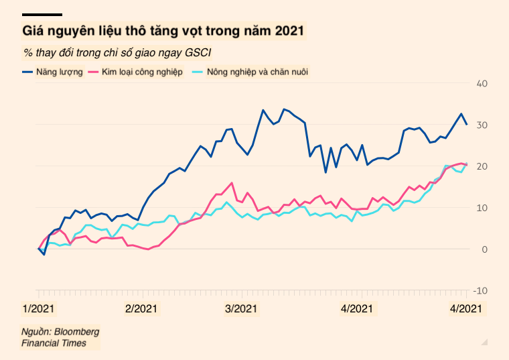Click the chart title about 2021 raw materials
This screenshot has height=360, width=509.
pyautogui.click(x=163, y=31)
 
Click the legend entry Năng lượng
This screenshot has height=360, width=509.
pyautogui.click(x=56, y=71)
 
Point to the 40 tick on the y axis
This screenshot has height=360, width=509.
pyautogui.click(x=482, y=83)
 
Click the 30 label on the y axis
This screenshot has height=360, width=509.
pyautogui.click(x=482, y=125)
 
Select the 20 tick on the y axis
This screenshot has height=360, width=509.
pyautogui.click(x=482, y=166)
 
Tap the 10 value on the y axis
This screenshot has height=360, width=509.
pyautogui.click(x=482, y=208)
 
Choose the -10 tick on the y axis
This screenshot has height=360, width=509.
pyautogui.click(x=480, y=291)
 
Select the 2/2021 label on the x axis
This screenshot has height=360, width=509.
pyautogui.click(x=141, y=309)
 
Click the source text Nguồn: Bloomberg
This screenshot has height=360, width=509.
pyautogui.click(x=60, y=332)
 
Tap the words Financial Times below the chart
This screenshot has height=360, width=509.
pyautogui.click(x=54, y=343)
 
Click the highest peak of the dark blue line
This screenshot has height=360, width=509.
pyautogui.click(x=283, y=109)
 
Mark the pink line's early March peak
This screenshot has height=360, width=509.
pyautogui.click(x=232, y=182)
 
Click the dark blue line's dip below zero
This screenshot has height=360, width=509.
pyautogui.click(x=44, y=255)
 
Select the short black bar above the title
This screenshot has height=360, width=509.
pyautogui.click(x=42, y=14)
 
